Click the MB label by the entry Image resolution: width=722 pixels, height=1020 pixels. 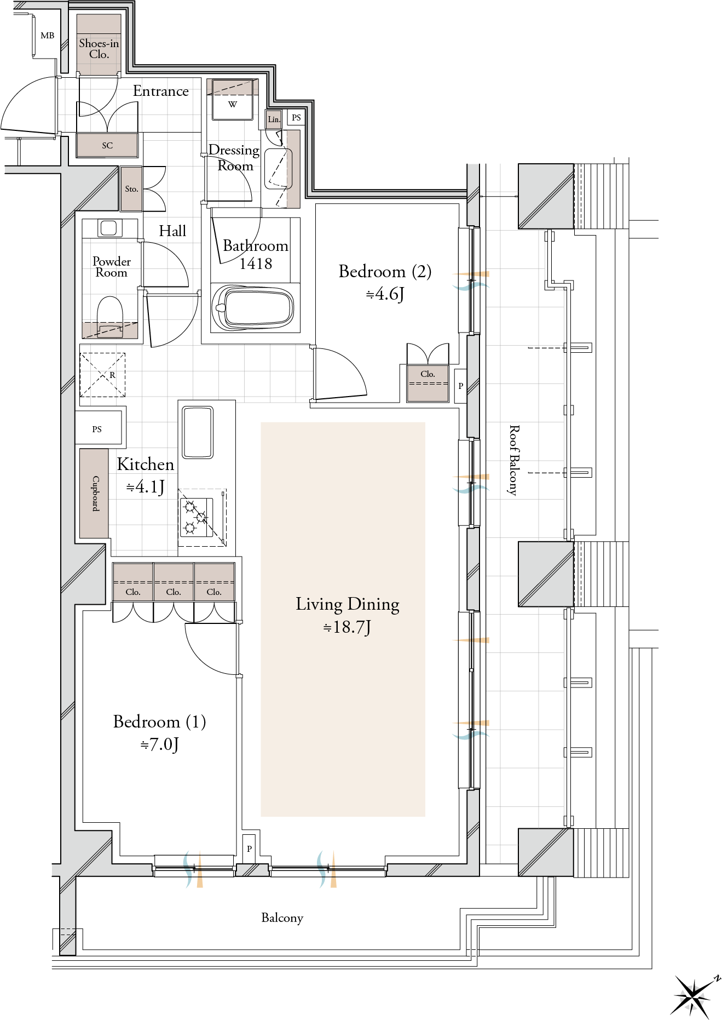point(48,36)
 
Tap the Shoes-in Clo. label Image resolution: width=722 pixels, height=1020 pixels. point(99,49)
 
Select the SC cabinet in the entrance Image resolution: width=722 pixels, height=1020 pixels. point(107,145)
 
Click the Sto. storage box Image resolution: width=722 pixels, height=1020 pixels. point(131,189)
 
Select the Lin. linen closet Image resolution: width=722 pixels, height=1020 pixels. point(274,119)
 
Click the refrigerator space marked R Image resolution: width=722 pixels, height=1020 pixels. point(103,375)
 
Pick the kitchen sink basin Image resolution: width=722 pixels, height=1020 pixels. point(198,432)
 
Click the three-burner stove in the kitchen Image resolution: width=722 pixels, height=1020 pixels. point(197,517)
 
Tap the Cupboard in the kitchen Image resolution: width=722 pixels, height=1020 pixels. point(94,493)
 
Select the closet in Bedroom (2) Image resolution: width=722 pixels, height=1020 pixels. point(428,383)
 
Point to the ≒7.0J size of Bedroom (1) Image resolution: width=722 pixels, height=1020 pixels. point(160,744)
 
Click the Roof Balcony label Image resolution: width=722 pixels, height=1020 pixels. point(513,460)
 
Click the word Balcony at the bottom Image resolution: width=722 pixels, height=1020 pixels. point(282,918)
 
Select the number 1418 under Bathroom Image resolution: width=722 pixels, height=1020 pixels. point(256,264)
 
